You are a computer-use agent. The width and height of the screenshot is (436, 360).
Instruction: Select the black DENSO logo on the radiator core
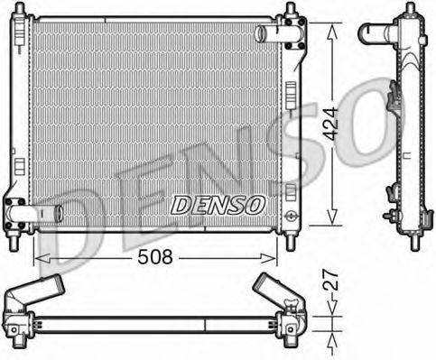218,206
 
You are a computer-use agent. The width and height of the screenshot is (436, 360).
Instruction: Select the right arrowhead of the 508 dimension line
277,256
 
